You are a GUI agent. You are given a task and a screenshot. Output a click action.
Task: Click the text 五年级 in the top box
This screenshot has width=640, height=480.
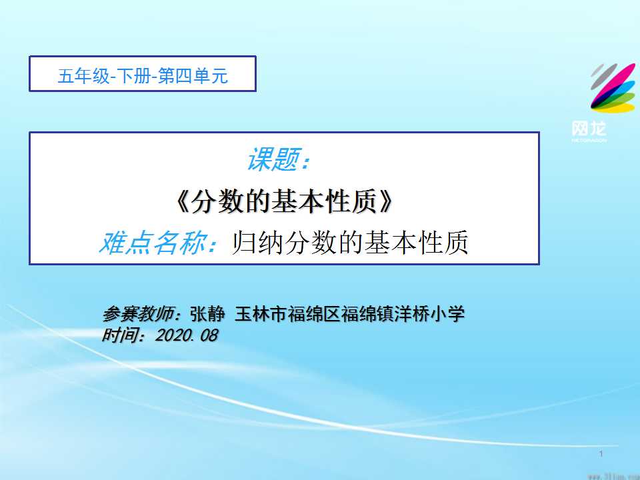(84, 76)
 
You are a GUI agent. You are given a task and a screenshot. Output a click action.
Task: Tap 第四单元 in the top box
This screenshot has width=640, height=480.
(193, 76)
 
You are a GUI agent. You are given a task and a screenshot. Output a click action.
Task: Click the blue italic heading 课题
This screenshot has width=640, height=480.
(274, 159)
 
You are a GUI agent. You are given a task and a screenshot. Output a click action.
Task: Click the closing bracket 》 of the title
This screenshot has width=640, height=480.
(385, 201)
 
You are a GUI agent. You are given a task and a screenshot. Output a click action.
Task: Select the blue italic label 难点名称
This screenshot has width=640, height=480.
(153, 243)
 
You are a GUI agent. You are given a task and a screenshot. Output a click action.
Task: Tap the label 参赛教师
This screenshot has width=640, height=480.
(139, 314)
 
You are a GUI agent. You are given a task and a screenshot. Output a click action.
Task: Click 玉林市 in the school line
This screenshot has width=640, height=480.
(261, 314)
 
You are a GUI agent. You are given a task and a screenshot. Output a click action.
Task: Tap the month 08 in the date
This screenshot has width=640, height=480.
(209, 335)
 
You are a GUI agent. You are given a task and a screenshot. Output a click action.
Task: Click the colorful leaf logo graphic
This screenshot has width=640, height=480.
(613, 88)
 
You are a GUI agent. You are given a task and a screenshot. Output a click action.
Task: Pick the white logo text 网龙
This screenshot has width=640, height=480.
(589, 129)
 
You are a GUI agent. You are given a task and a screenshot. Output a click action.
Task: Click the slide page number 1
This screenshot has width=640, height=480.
(601, 453)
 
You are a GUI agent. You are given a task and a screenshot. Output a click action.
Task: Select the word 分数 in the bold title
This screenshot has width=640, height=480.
(217, 201)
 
